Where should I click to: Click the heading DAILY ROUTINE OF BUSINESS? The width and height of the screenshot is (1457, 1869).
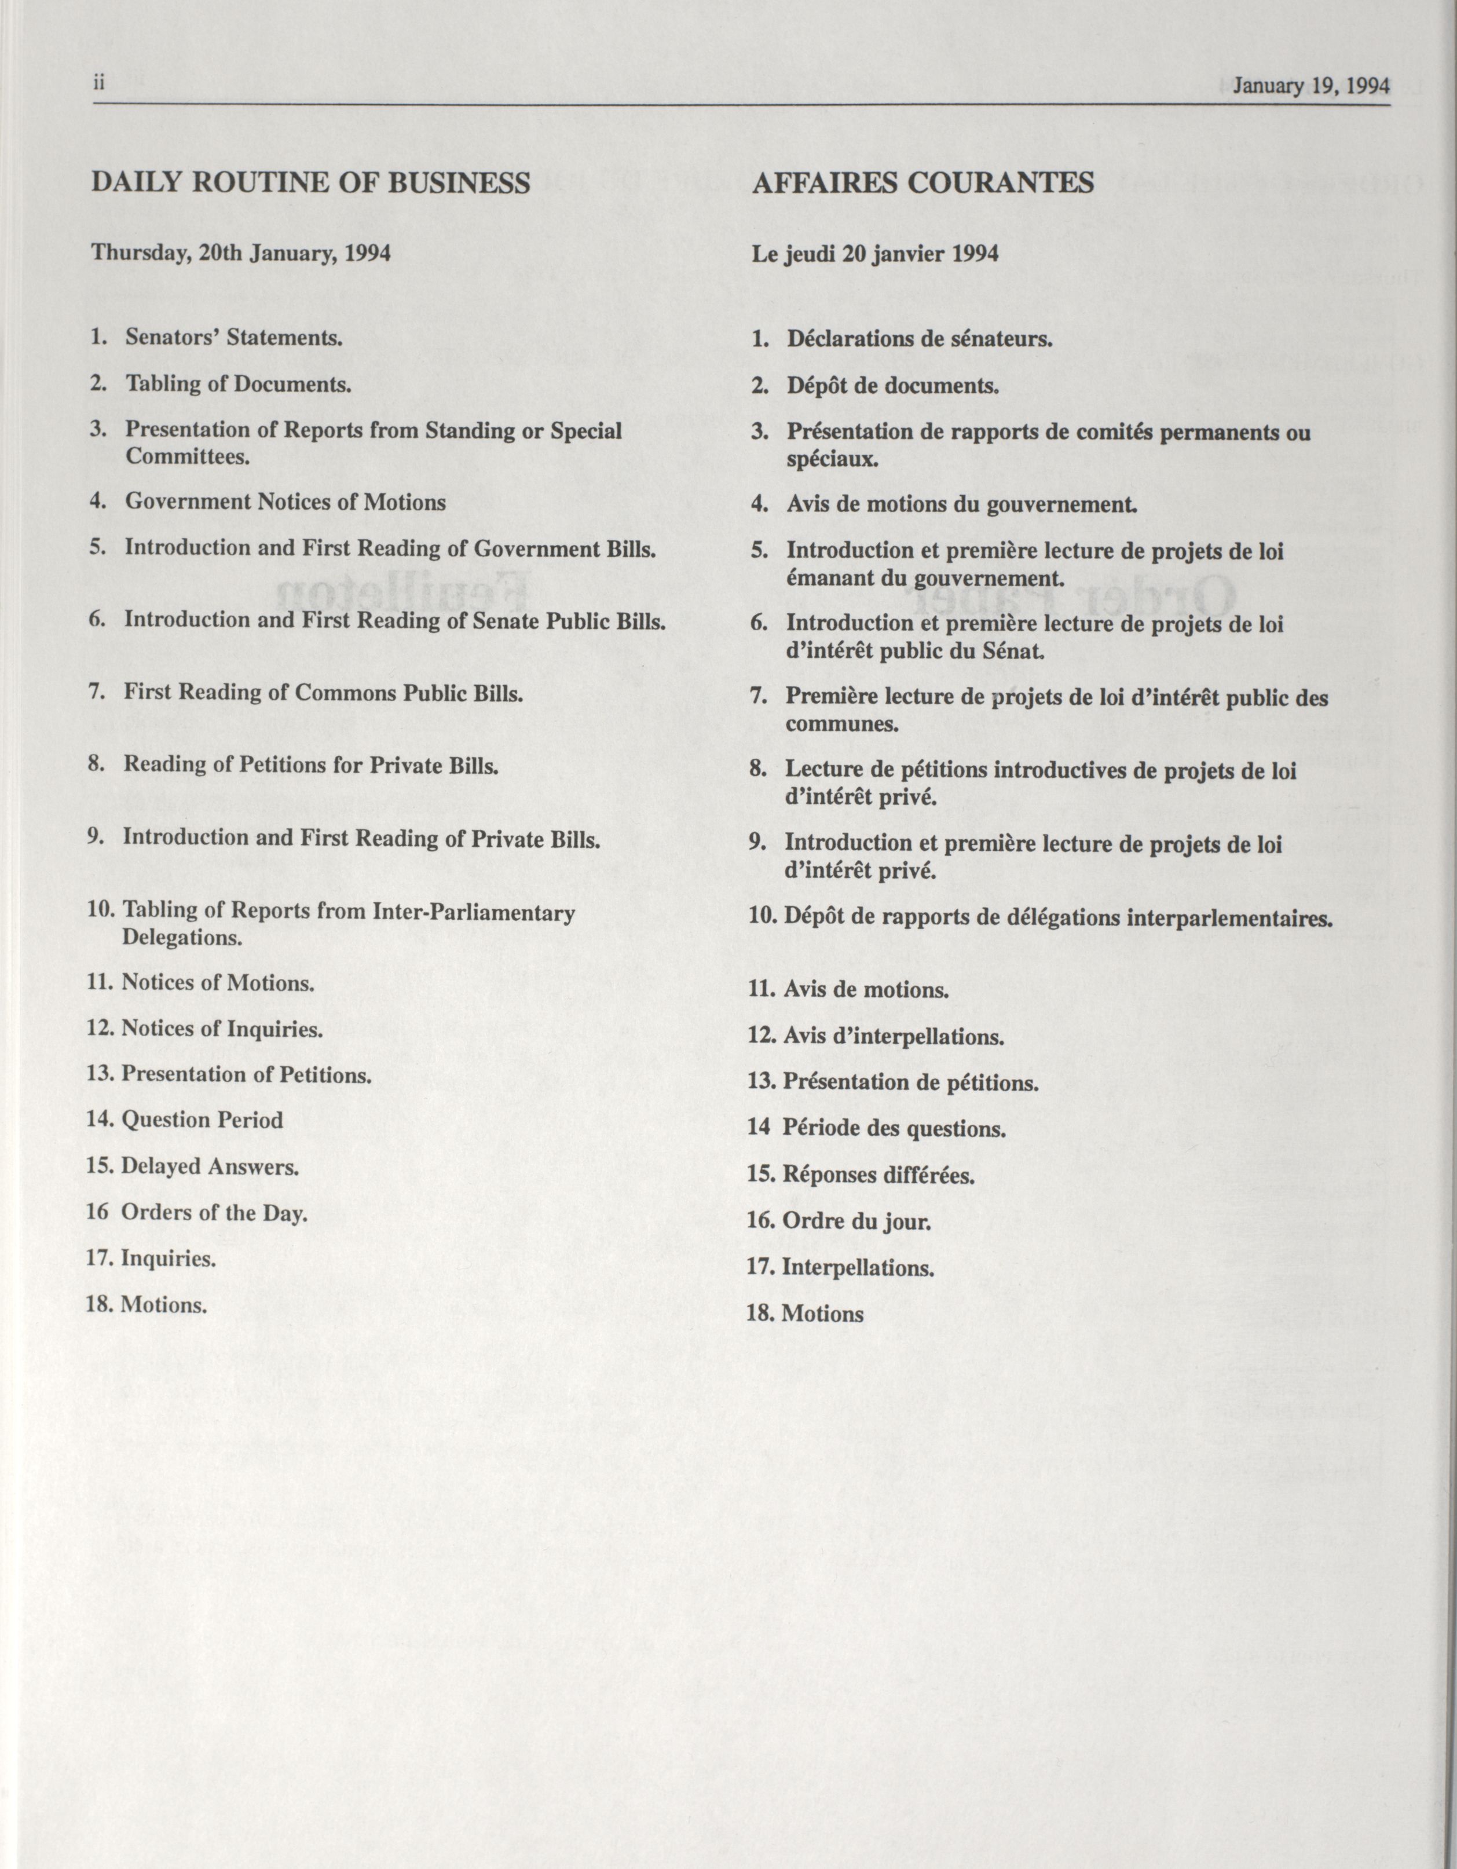point(310,183)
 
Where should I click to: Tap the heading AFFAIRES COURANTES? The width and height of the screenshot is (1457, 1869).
point(922,183)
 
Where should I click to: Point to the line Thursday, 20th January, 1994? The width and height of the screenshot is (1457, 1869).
point(241,253)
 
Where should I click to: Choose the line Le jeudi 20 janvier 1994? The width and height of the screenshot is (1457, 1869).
point(874,254)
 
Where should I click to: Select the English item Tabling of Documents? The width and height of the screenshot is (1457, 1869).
point(239,383)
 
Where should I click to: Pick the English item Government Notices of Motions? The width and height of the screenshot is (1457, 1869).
point(285,502)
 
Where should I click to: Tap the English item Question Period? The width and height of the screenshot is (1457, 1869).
point(202,1120)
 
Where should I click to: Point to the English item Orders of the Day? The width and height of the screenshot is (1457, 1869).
point(213,1213)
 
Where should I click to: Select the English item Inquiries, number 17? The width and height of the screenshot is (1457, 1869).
point(169,1259)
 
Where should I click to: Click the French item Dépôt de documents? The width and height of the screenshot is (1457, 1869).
point(892,385)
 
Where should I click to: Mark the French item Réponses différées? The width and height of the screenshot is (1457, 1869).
point(878,1175)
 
